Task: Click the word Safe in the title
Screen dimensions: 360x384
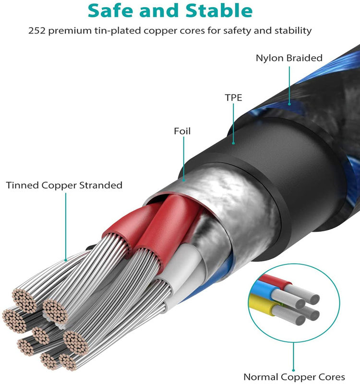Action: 111,11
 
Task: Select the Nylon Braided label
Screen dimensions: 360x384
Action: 289,58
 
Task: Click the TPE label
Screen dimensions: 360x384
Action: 233,97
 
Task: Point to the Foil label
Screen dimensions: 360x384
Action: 182,131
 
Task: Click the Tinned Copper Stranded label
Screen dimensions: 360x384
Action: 64,185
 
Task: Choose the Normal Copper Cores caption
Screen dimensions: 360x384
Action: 294,377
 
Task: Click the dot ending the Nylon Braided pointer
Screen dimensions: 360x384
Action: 289,104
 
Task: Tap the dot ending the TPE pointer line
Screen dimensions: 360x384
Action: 233,143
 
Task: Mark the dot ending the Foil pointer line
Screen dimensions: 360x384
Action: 184,180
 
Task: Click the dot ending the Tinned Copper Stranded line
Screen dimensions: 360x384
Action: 66,260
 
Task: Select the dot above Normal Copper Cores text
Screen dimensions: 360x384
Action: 293,370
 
